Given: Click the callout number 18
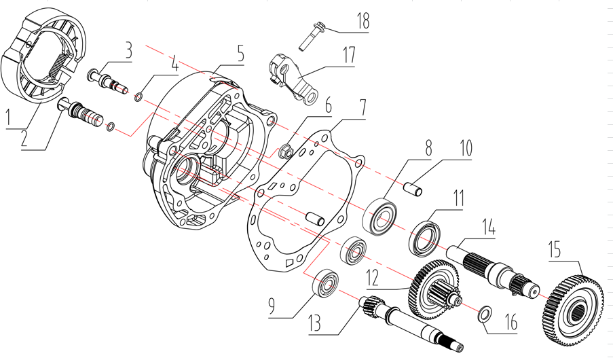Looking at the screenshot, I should point(363,20).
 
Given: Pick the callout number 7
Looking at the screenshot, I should point(363,107).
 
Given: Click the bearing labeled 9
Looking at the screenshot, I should point(329,283).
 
